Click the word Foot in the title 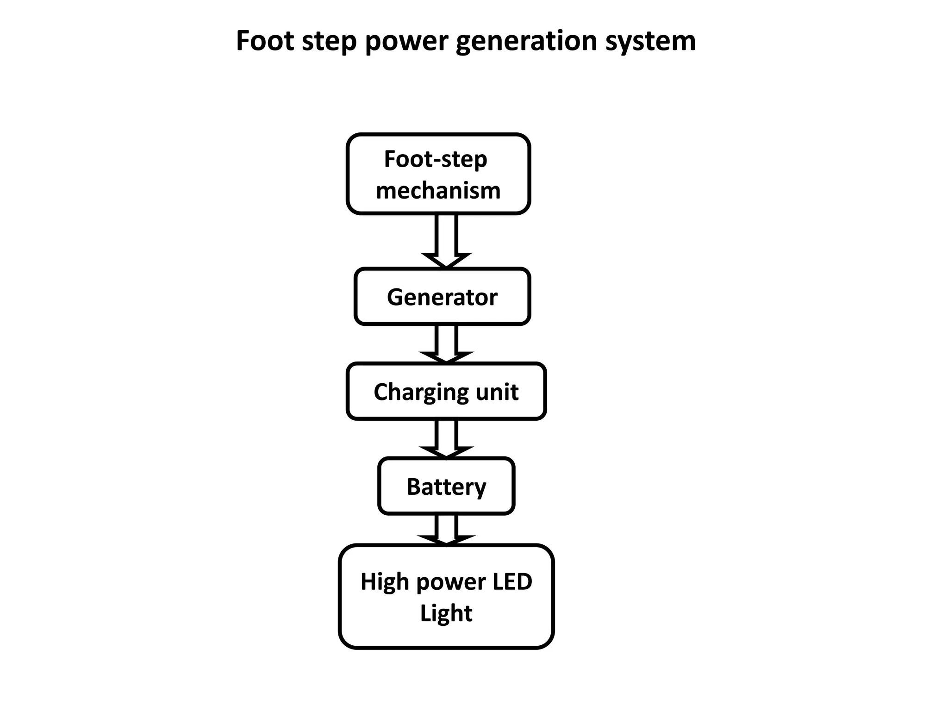(x=265, y=41)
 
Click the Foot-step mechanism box (x=438, y=174)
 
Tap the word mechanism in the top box (x=438, y=190)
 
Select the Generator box (x=442, y=297)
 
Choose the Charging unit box (x=446, y=392)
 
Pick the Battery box (x=446, y=486)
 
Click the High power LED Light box (x=446, y=597)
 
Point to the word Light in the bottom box (x=446, y=613)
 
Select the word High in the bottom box (x=384, y=581)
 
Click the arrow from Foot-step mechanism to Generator (x=446, y=241)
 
